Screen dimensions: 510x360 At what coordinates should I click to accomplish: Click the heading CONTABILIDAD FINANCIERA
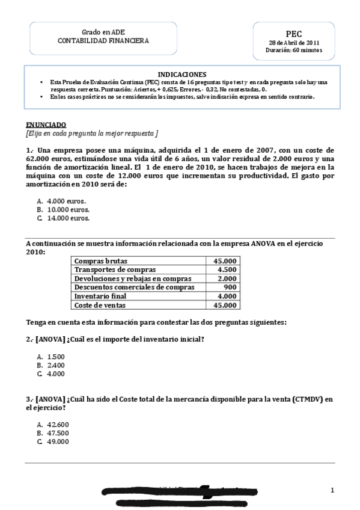pyautogui.click(x=103, y=40)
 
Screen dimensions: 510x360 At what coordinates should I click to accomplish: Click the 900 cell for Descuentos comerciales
pyautogui.click(x=230, y=287)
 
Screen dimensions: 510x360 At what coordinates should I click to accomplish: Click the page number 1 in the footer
pyautogui.click(x=332, y=491)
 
